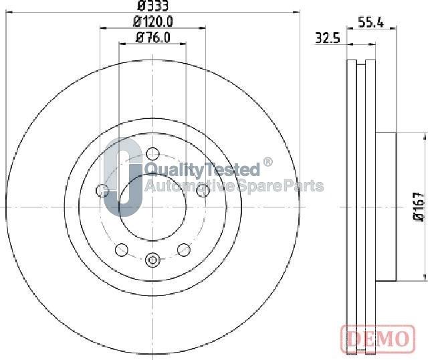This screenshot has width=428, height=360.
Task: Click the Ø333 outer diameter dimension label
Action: point(153,6)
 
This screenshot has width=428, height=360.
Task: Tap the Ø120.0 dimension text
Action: point(153,22)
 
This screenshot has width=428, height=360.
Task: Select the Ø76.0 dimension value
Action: point(153,37)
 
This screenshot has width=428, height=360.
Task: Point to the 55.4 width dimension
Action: point(370,22)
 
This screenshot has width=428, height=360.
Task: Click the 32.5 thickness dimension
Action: point(328,38)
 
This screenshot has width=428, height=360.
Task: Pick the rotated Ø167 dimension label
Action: point(419,207)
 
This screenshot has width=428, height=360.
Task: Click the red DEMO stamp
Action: point(378,338)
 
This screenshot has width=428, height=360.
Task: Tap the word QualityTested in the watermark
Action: point(202,169)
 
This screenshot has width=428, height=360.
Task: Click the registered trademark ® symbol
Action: point(267,162)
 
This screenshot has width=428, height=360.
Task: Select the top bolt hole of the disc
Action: point(152,154)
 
